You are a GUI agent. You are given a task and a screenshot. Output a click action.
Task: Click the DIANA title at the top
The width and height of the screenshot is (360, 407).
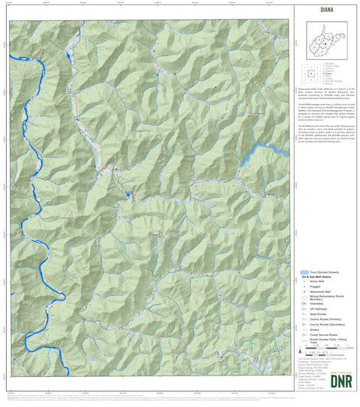325,10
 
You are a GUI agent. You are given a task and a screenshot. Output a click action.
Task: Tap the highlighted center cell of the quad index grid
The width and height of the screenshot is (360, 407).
310,74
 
